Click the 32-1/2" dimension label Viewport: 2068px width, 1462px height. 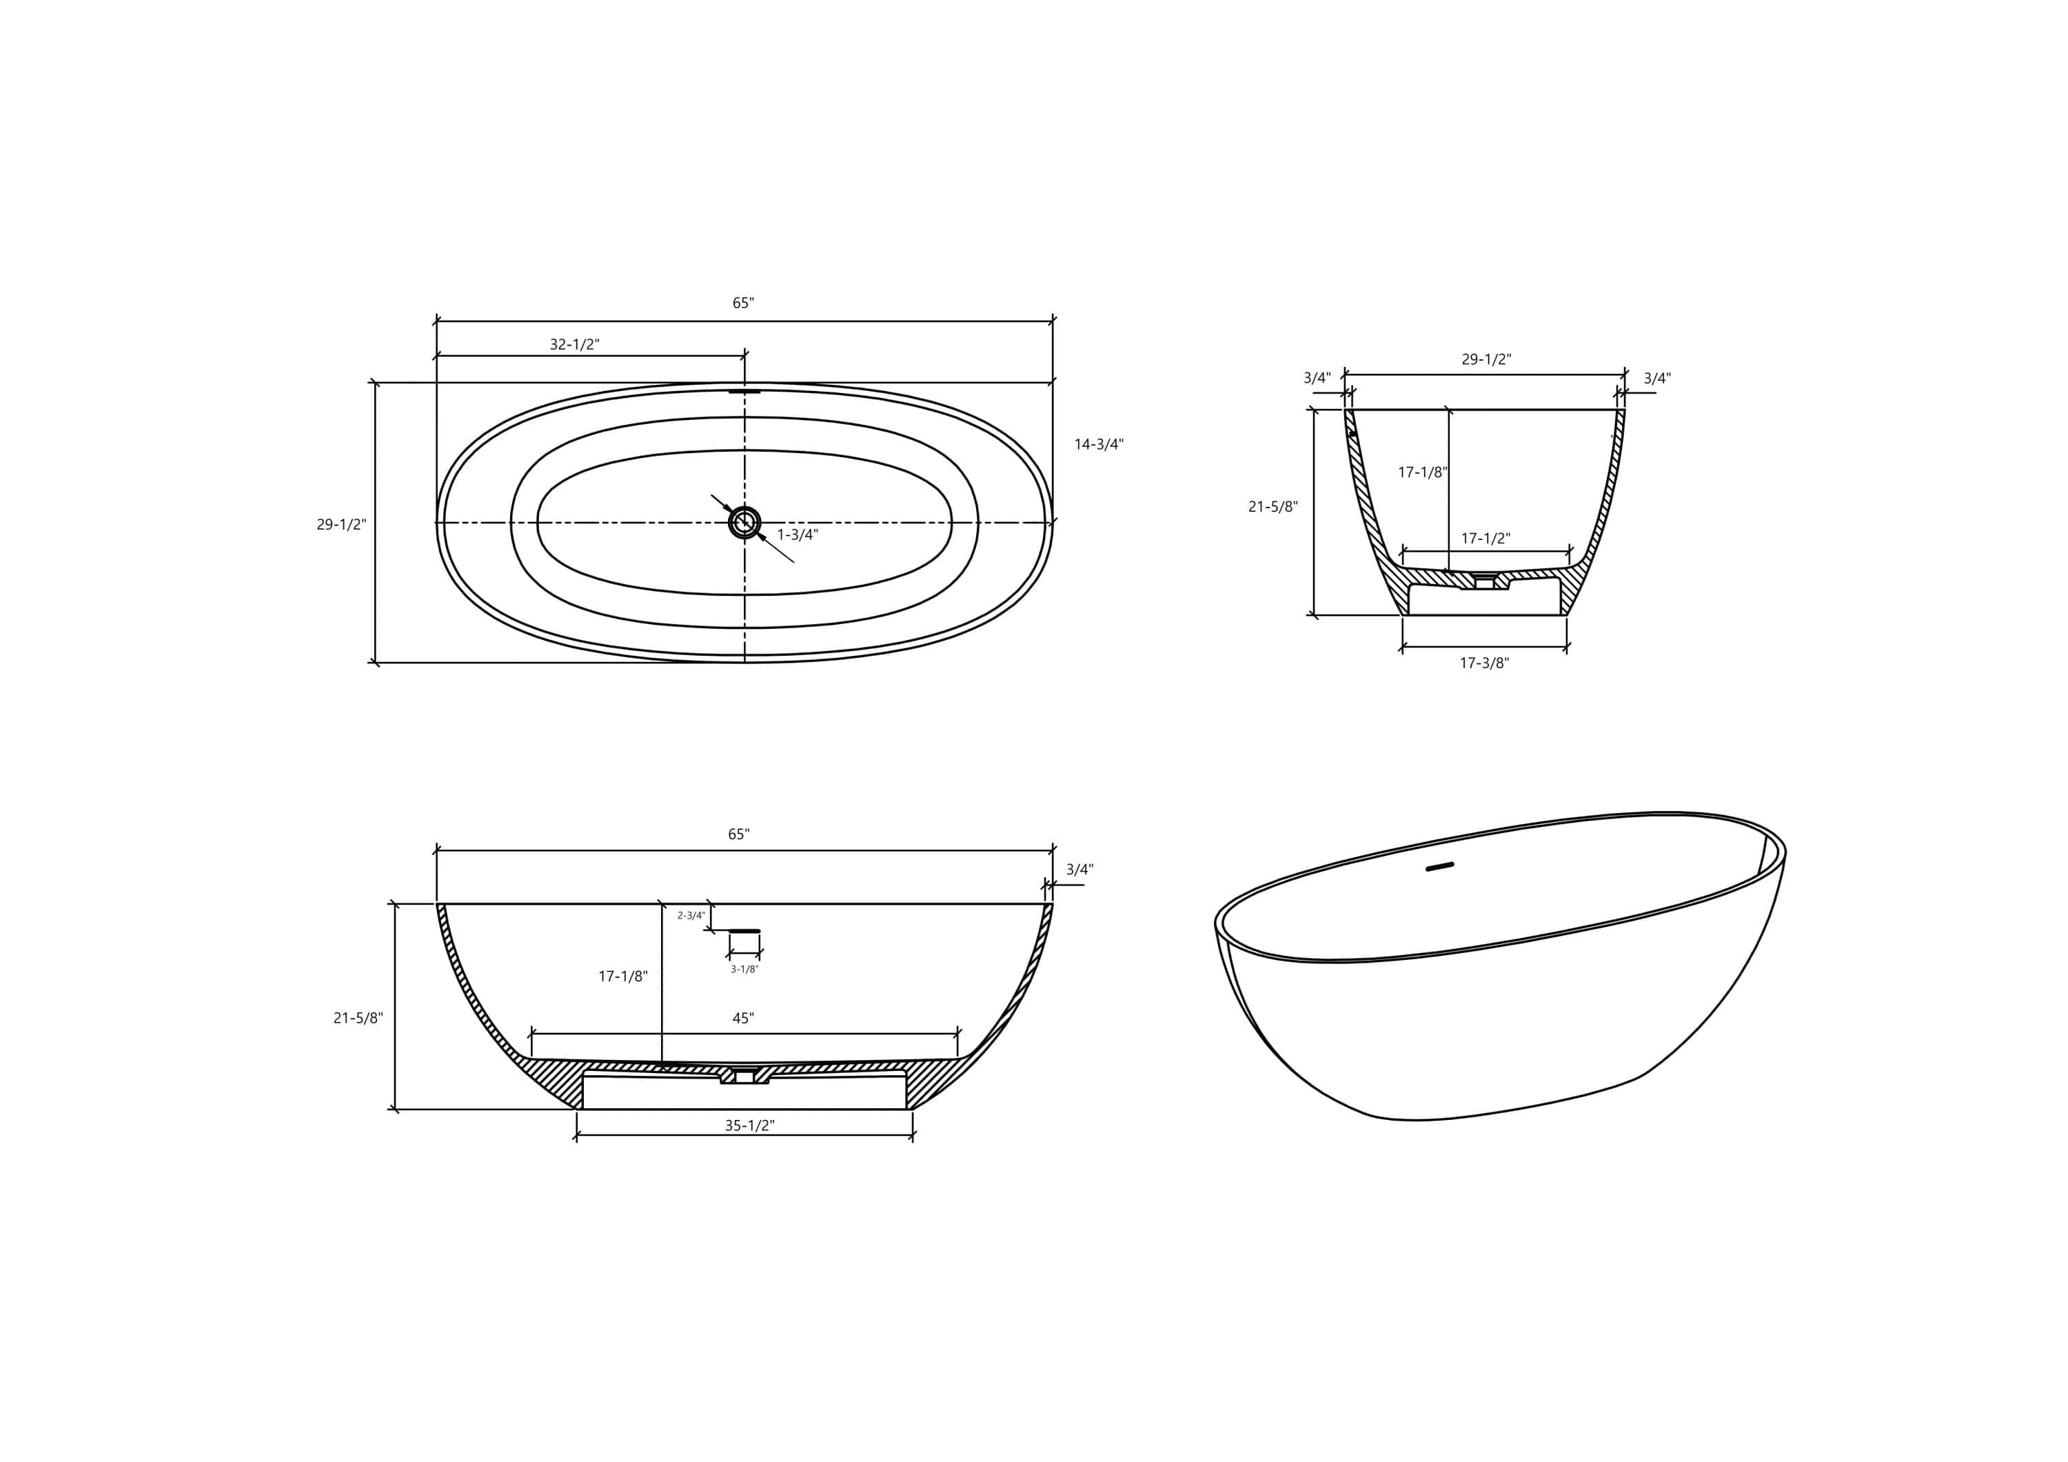click(575, 345)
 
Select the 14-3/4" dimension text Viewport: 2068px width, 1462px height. click(1099, 444)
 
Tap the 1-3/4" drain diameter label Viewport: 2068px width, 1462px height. click(797, 535)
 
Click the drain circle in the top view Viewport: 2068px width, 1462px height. click(744, 523)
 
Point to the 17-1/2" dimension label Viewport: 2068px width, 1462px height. click(1486, 539)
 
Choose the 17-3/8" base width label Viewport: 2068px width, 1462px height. click(1484, 663)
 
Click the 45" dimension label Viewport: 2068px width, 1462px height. click(743, 1019)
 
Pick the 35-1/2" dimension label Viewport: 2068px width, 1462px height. click(749, 1125)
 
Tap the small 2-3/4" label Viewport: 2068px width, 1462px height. click(691, 916)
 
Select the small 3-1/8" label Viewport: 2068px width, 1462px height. click(744, 969)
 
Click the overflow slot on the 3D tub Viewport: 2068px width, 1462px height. click(1440, 867)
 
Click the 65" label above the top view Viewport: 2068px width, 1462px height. click(743, 303)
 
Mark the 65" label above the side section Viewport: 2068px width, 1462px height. click(738, 835)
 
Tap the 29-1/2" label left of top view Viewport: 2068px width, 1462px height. click(341, 524)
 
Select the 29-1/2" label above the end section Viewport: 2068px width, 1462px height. click(1486, 359)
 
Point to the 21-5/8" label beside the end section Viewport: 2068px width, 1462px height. click(1273, 507)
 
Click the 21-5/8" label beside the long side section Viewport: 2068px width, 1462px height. click(358, 1019)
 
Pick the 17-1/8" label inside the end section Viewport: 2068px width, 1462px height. click(1422, 472)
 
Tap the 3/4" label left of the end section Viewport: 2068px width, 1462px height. click(1317, 379)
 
